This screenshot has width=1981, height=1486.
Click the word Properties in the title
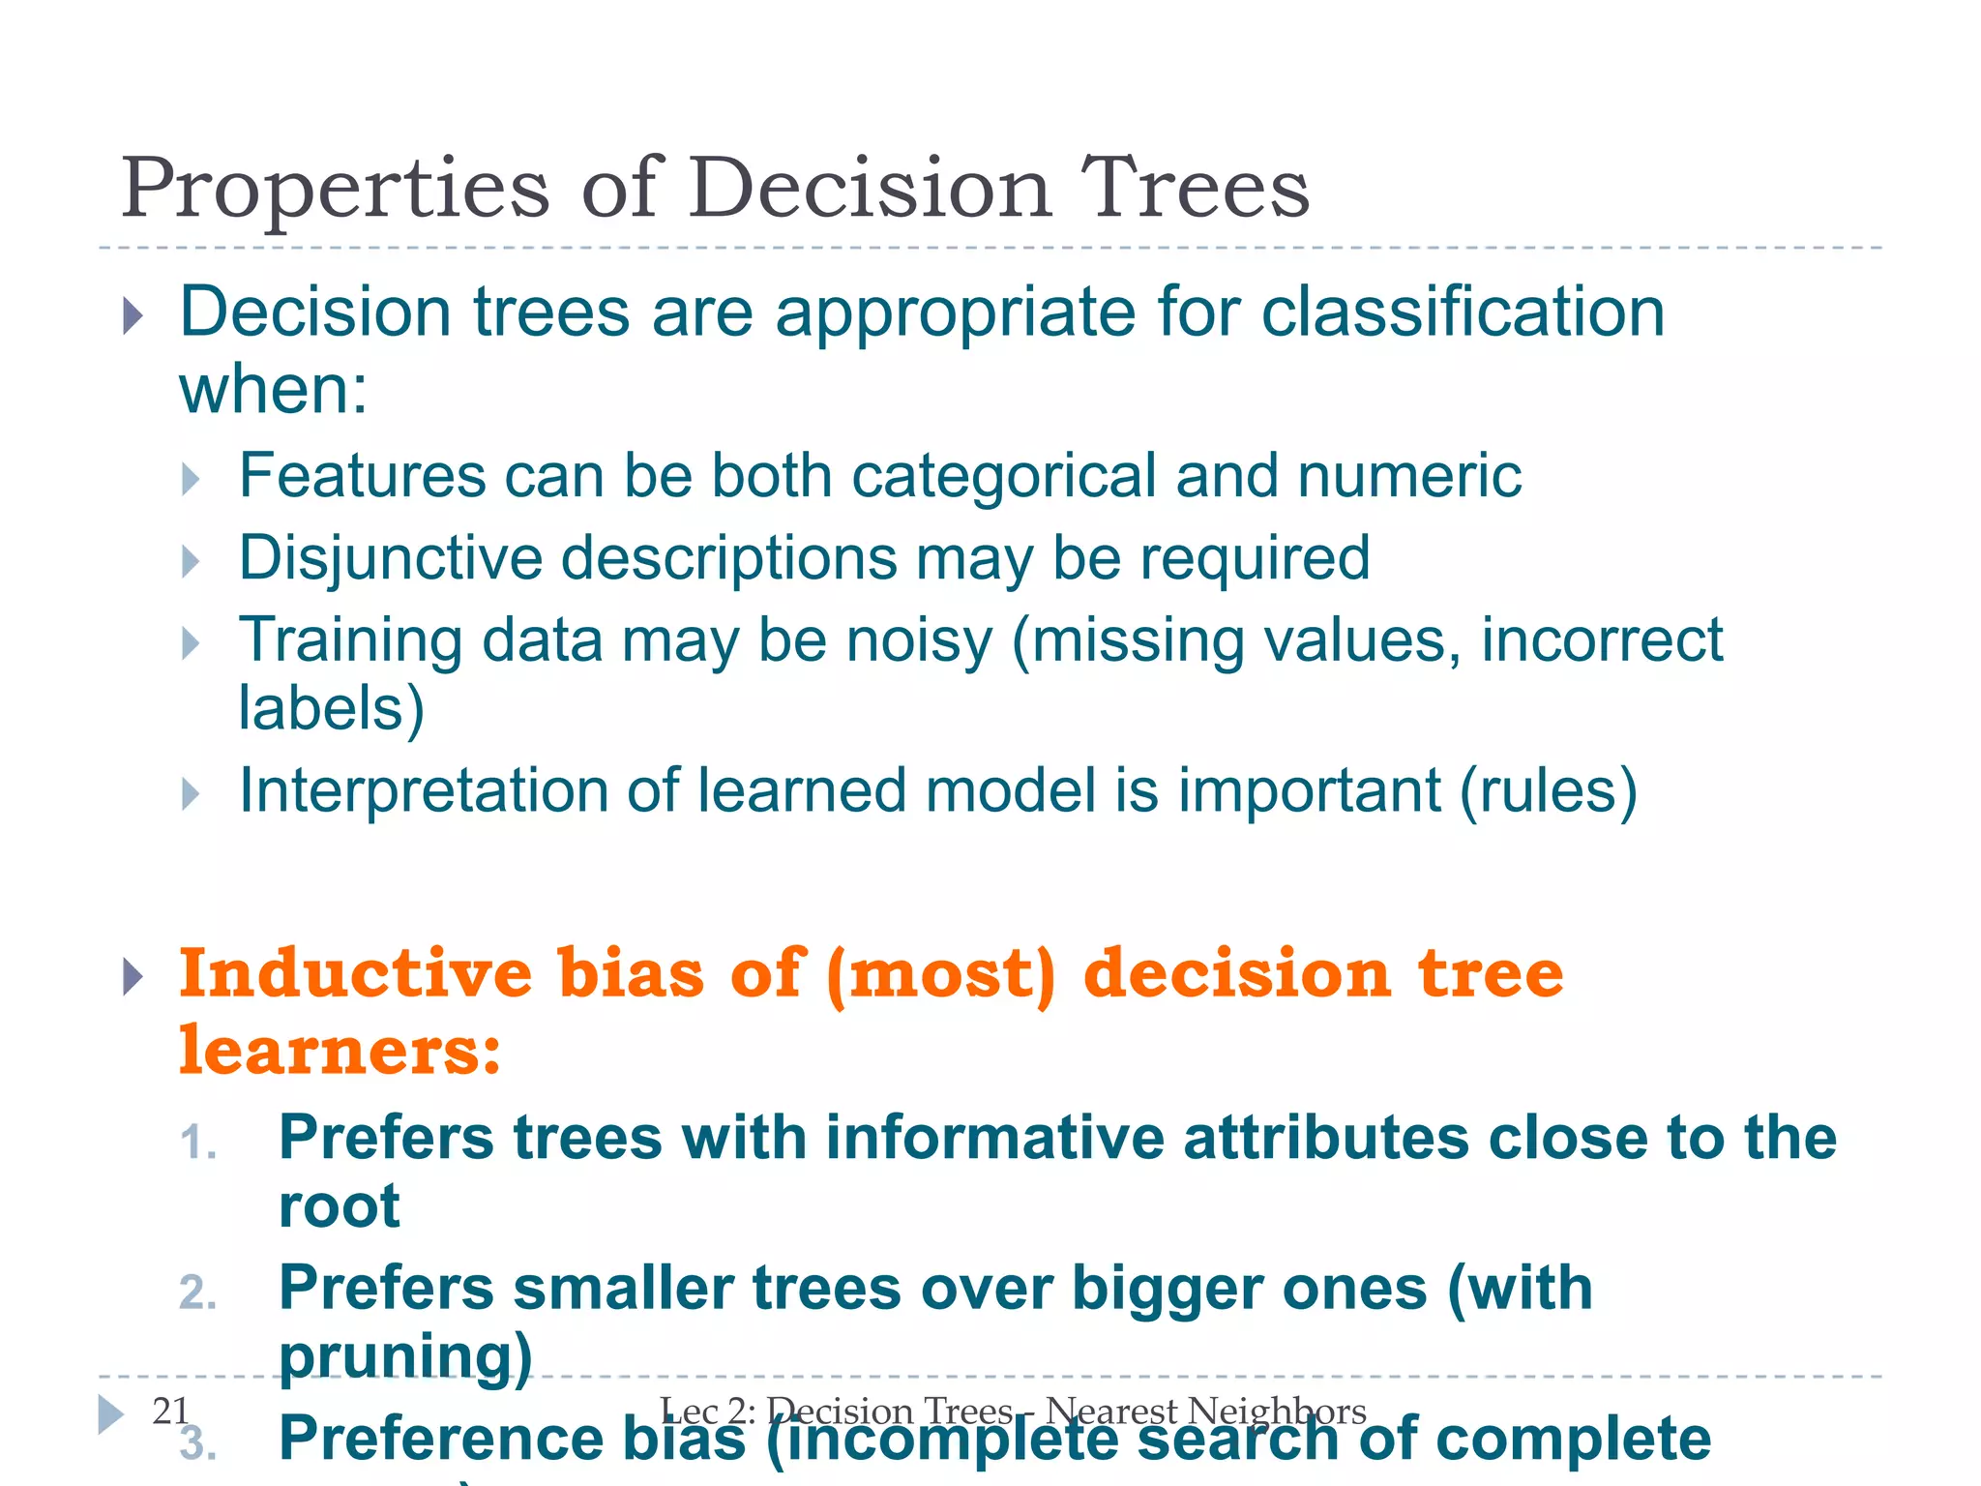point(335,190)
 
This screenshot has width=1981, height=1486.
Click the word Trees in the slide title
point(1194,188)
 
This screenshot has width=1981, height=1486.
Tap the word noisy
point(919,640)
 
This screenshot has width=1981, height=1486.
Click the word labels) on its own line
point(331,708)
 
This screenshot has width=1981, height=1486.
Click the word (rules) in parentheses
point(1548,790)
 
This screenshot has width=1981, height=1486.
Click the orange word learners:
point(340,1051)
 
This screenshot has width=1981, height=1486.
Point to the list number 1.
point(197,1143)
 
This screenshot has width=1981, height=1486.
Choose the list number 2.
point(197,1293)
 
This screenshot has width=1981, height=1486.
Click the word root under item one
point(339,1206)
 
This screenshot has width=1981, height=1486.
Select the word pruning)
point(405,1355)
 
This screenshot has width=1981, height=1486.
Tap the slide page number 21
point(170,1411)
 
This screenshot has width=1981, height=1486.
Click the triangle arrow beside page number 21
point(111,1414)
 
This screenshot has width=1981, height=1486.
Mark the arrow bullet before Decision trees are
point(133,315)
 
